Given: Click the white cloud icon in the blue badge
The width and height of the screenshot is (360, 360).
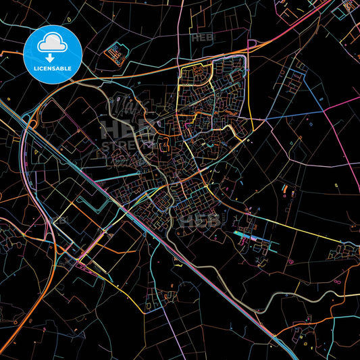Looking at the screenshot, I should pos(53,42).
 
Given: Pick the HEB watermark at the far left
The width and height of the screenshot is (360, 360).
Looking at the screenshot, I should pos(59,220).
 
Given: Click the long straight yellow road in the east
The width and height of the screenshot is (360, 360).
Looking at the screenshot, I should pos(297,226).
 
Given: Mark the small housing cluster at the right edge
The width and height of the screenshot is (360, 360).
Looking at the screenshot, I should pos(341,253).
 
